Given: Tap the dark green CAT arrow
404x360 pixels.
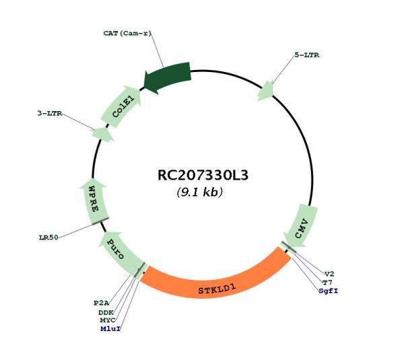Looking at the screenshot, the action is click(x=167, y=77).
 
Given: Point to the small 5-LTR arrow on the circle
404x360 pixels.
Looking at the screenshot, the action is click(x=266, y=91).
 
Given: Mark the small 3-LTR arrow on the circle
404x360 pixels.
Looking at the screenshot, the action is click(x=103, y=135).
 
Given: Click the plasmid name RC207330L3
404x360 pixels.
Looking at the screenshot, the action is click(x=203, y=176).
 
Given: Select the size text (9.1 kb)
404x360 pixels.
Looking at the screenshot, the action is click(x=200, y=192).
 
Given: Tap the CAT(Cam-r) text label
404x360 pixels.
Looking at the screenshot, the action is click(x=127, y=33).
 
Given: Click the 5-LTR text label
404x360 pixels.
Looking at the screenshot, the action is click(x=307, y=55).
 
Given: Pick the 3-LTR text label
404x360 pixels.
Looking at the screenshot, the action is click(x=50, y=113).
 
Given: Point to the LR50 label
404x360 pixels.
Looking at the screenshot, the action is click(x=48, y=238).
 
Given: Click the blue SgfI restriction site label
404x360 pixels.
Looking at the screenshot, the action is click(x=329, y=291).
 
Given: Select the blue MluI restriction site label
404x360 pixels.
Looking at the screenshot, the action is click(x=111, y=329).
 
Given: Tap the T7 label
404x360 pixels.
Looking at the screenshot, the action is click(x=327, y=283).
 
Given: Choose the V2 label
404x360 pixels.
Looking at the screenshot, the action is click(x=329, y=274).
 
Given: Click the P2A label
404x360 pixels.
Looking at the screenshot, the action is click(x=101, y=303).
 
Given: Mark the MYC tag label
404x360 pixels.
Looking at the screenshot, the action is click(x=108, y=320).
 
